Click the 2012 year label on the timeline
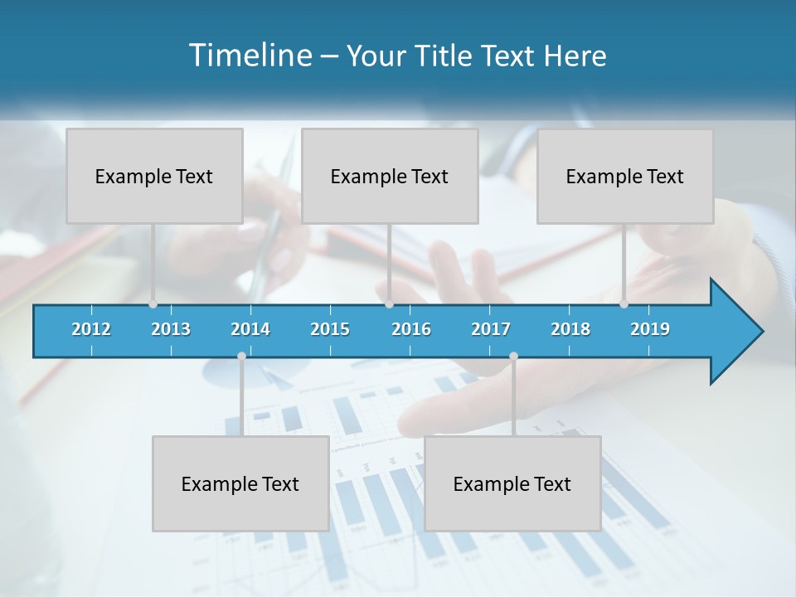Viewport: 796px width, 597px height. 91,329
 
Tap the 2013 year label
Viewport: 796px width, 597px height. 171,329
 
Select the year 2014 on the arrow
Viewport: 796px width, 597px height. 250,329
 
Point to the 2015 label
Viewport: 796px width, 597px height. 330,329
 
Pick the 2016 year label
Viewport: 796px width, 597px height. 411,329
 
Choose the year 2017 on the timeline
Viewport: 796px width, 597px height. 491,329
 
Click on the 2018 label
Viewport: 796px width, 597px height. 570,329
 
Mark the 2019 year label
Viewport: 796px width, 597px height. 650,329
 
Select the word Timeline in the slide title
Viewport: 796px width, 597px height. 249,56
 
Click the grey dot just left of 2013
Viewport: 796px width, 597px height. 153,304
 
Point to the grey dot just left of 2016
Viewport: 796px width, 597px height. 390,304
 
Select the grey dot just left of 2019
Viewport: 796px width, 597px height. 624,304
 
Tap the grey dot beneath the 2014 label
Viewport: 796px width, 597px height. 241,356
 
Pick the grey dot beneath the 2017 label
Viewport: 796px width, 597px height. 513,356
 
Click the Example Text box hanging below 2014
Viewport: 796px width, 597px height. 240,483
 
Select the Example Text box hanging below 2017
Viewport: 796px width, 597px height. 512,483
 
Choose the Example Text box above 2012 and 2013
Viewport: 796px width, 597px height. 154,176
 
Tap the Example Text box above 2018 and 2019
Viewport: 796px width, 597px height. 625,176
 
